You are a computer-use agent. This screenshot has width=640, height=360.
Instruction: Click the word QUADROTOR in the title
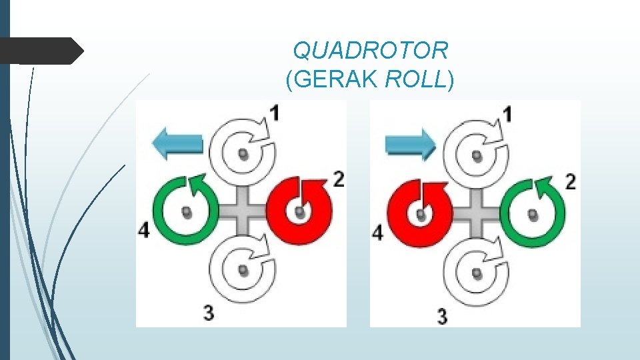[x=371, y=50]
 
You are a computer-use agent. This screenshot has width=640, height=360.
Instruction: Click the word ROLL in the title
[x=415, y=80]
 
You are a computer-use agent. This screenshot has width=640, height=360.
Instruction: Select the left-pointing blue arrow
[x=177, y=143]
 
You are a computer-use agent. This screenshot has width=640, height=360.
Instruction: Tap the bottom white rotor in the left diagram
[x=244, y=269]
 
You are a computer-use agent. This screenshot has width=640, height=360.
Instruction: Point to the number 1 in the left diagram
[x=275, y=113]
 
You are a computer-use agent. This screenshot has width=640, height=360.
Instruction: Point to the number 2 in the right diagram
[x=570, y=182]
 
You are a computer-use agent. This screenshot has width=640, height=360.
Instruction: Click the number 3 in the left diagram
[x=209, y=313]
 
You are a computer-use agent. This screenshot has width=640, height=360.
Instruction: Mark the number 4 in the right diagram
[x=378, y=233]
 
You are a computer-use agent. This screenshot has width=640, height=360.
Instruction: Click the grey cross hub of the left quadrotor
[x=243, y=211]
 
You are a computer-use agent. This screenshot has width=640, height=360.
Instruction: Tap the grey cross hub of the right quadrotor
[x=477, y=213]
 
